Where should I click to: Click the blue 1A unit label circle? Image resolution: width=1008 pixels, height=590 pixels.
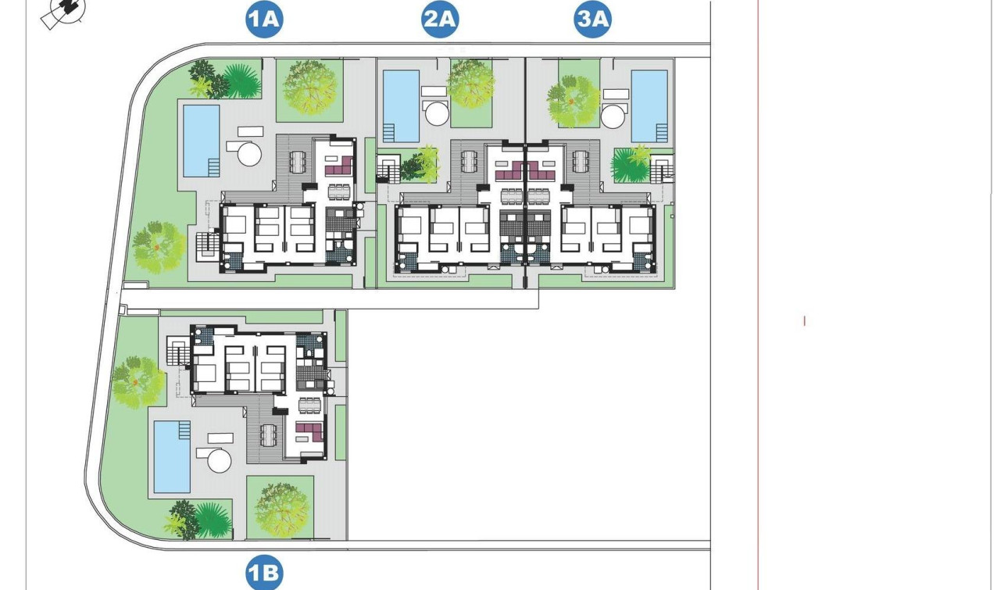point(263,19)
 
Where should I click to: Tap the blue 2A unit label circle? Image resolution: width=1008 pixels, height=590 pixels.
point(440,19)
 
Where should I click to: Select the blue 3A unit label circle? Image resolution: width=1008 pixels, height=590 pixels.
point(592,19)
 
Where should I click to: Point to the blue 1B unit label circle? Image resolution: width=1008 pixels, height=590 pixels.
point(263,574)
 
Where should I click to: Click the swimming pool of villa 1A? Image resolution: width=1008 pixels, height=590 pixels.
point(201,141)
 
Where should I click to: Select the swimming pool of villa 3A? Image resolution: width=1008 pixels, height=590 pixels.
point(649,106)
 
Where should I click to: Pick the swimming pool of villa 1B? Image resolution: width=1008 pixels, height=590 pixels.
point(172,457)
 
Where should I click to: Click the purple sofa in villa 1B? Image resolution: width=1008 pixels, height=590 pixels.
point(309,430)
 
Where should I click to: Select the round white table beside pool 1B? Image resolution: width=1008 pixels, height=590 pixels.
point(220,460)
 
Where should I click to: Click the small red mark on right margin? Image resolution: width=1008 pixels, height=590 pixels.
point(805,320)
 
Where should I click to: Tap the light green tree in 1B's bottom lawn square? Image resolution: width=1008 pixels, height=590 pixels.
point(281,506)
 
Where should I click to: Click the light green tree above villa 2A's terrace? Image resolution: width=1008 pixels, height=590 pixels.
point(471,82)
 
